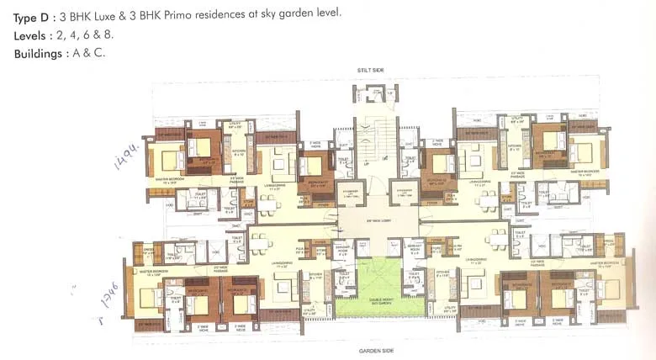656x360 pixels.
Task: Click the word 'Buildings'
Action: [x=40, y=54]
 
